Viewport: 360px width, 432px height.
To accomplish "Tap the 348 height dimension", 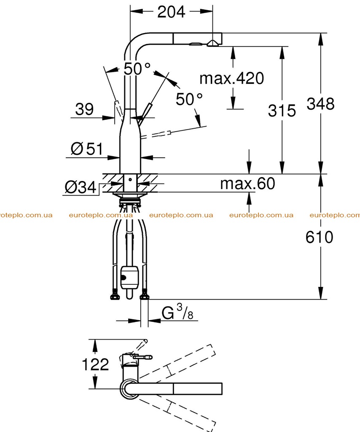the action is [x=320, y=104].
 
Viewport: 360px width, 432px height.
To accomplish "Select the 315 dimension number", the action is [x=282, y=111].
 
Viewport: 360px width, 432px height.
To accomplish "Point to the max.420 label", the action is [x=231, y=78].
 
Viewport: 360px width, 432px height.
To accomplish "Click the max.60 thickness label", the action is [x=247, y=183].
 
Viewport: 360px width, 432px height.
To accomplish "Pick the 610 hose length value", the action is [x=319, y=237].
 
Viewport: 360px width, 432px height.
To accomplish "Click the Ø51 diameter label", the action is [x=87, y=149].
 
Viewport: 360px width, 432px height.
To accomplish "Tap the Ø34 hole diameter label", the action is [x=81, y=187].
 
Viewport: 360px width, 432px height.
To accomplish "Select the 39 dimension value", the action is [x=84, y=109].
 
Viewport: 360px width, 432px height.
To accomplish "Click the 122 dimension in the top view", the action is [x=96, y=364].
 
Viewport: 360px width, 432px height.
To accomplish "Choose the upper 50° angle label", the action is [x=137, y=68].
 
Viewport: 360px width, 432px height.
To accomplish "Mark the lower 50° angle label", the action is [x=189, y=99].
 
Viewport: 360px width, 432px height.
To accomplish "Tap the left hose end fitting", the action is [x=115, y=297].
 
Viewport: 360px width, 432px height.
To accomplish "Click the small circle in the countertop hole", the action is [x=130, y=180].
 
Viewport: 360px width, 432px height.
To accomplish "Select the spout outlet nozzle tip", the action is [x=213, y=43].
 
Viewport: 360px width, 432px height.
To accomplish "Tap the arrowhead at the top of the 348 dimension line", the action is [x=320, y=39].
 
